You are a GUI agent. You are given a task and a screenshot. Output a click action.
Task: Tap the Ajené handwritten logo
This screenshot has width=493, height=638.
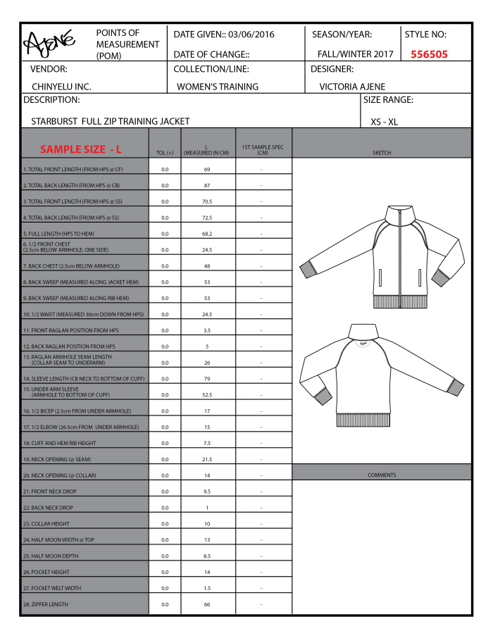tap(51, 44)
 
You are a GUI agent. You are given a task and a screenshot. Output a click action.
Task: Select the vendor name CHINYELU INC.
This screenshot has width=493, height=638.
tap(61, 87)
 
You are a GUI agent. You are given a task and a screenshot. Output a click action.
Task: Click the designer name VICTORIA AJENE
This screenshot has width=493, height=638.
tap(353, 87)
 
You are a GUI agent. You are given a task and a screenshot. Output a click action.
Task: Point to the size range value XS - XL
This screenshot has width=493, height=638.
tap(384, 121)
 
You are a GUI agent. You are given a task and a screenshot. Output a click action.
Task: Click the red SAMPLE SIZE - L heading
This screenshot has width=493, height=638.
tap(81, 149)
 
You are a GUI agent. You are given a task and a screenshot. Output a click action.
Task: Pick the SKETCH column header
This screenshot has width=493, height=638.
tap(382, 152)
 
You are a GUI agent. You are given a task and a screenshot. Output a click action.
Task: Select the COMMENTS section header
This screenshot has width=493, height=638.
tap(382, 475)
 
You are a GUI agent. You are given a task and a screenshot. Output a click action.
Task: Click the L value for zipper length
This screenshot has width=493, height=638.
tap(207, 604)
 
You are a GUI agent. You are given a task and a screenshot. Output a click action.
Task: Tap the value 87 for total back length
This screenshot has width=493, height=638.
tap(207, 185)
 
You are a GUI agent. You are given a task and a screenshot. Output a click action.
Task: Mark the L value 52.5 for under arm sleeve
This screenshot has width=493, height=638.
tap(207, 394)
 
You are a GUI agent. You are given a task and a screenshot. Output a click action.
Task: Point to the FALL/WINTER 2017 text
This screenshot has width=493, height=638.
tap(353, 54)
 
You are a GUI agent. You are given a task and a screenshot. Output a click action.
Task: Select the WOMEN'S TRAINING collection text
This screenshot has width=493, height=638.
tap(218, 87)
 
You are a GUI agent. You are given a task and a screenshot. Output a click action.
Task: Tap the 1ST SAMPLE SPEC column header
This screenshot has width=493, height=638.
tap(262, 149)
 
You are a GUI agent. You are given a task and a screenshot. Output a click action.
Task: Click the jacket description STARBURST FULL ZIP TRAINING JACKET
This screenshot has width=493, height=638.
tap(111, 121)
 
